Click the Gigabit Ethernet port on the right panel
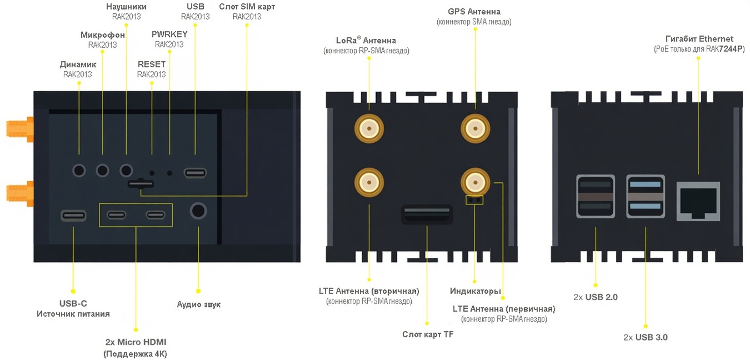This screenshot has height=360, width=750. [697, 200]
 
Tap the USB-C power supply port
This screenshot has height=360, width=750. [73, 215]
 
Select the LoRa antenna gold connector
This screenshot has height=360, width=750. [369, 129]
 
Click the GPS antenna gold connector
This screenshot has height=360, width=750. [474, 129]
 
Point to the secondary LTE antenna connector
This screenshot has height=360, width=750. [369, 182]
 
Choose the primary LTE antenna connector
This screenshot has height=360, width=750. [474, 181]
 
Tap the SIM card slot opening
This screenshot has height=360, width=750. [141, 183]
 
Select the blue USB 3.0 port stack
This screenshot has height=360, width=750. [645, 197]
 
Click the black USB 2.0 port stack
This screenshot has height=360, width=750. [596, 197]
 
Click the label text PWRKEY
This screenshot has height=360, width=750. [169, 34]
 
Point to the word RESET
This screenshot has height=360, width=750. [152, 64]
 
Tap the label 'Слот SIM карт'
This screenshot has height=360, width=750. [247, 7]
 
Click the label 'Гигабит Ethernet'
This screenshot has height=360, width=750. [699, 39]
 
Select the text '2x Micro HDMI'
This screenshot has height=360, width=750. [136, 342]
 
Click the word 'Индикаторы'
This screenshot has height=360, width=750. [476, 291]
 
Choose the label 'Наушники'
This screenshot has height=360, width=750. [126, 7]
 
